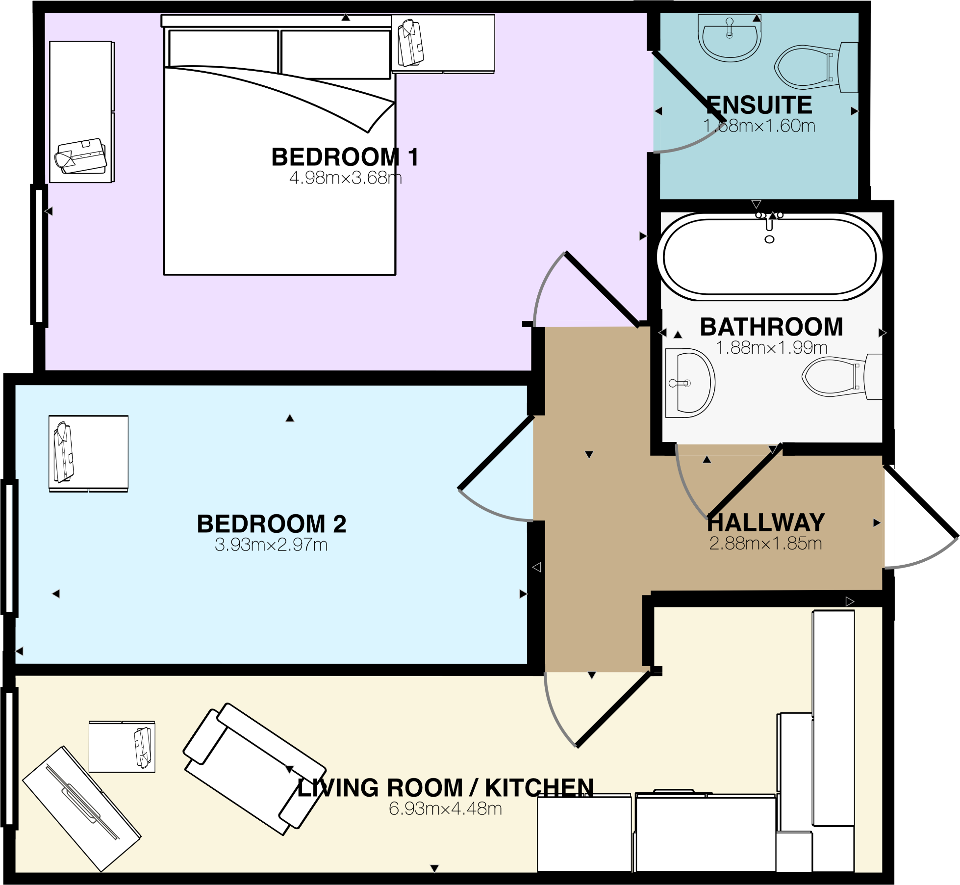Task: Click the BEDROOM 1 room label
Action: click(345, 157)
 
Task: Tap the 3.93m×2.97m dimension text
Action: click(271, 545)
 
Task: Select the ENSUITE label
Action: click(759, 105)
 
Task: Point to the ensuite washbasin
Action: click(729, 38)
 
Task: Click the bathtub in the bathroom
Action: click(769, 257)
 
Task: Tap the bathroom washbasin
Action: click(689, 383)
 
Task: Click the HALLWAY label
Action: click(766, 522)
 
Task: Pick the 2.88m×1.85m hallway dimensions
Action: click(765, 544)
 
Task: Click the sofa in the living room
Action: click(254, 769)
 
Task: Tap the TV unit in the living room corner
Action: click(81, 809)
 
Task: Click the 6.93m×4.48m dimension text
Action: click(445, 809)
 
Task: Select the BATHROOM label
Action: click(771, 327)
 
